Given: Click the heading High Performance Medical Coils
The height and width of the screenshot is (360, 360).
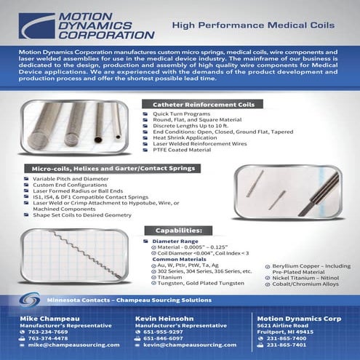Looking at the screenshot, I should tap(252, 25).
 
